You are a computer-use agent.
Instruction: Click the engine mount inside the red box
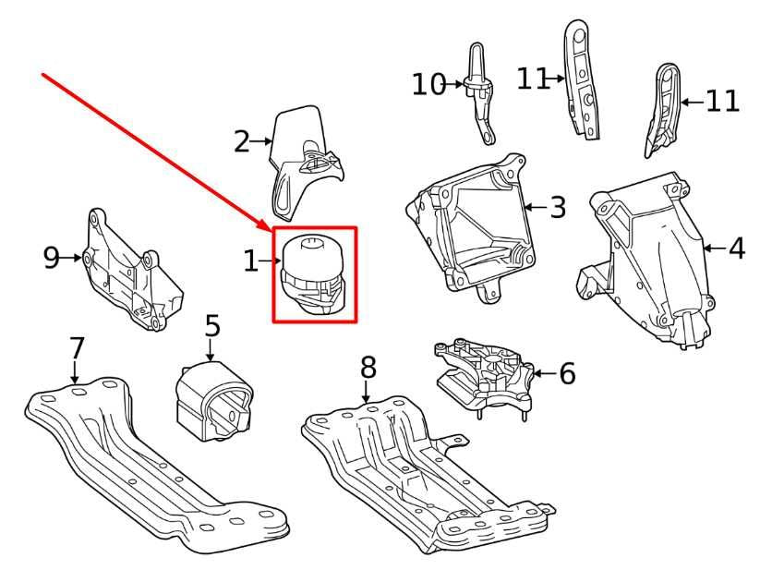[x=315, y=273]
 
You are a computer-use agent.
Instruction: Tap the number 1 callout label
[x=251, y=261]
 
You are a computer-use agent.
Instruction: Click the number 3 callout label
[x=557, y=207]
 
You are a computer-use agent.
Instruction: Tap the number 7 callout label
[x=77, y=348]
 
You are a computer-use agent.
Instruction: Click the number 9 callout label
[x=52, y=258]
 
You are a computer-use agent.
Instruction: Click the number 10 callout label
[x=428, y=85]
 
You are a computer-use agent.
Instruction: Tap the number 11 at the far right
[x=723, y=101]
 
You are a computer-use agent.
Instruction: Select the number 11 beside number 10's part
[x=533, y=79]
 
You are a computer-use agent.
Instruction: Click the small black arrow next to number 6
[x=542, y=373]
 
